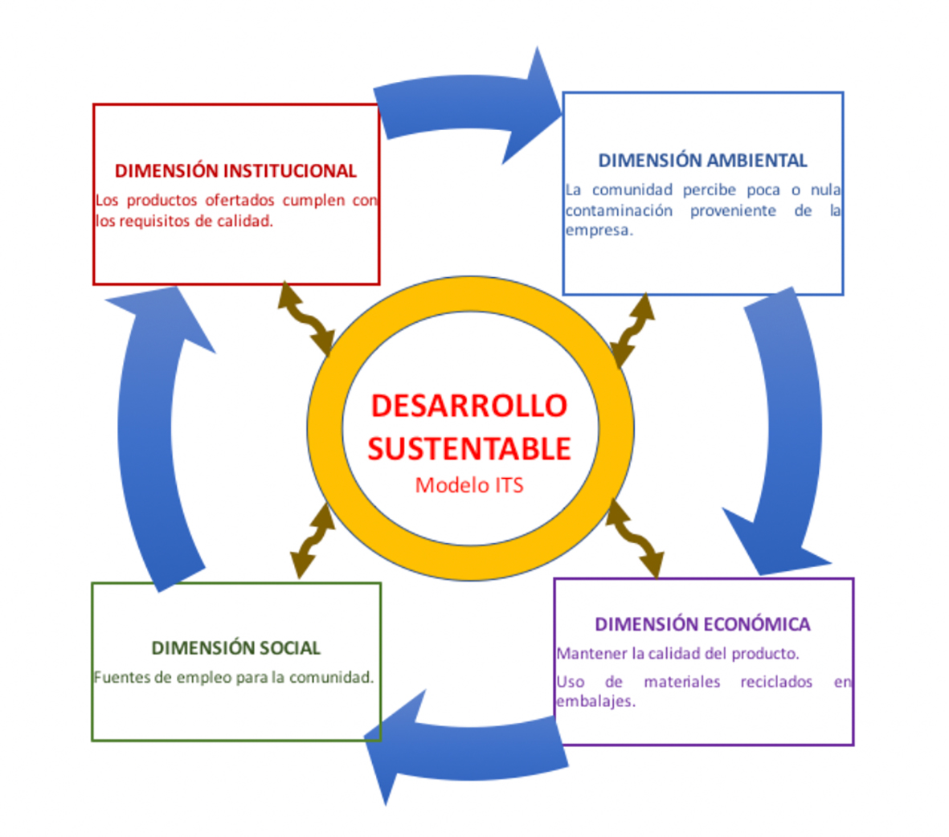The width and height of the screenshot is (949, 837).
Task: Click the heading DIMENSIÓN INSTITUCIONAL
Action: [x=235, y=171]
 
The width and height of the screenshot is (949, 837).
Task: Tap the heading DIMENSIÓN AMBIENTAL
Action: [x=702, y=161]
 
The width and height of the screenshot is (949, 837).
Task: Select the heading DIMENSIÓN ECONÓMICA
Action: [x=702, y=624]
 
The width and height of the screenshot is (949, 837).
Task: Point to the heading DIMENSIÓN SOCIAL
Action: [x=235, y=647]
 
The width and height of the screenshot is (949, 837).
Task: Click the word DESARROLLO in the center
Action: [x=469, y=406]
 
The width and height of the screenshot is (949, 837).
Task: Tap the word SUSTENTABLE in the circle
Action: [x=469, y=448]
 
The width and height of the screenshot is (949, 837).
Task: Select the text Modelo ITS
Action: [x=469, y=485]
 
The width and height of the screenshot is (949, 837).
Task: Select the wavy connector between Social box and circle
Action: [x=312, y=541]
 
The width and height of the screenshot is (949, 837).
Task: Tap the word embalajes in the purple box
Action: [x=595, y=701]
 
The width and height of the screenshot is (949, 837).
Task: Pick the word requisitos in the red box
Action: [x=154, y=221]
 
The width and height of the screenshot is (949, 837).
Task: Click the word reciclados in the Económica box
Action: [x=775, y=682]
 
